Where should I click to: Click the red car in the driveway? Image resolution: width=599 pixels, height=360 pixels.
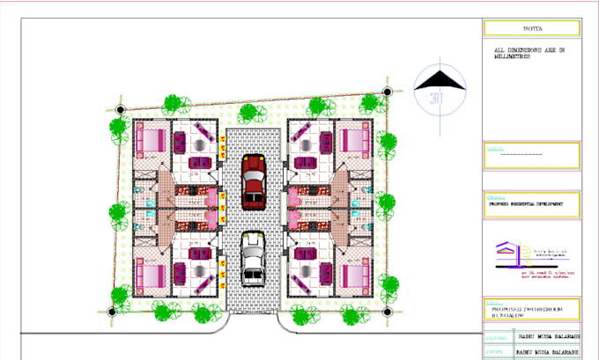pos(254,180)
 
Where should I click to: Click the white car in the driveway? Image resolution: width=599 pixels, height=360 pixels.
pos(254,258)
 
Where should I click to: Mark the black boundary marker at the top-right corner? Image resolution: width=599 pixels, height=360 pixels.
pos(386,91)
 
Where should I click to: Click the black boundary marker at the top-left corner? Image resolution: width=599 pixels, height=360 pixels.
pos(121,109)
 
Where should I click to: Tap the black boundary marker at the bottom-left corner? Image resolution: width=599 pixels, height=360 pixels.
pos(121,312)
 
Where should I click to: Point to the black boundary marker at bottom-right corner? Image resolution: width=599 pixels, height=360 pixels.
pos(386,312)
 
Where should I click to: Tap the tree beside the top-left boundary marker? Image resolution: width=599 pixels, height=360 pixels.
pos(118,126)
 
